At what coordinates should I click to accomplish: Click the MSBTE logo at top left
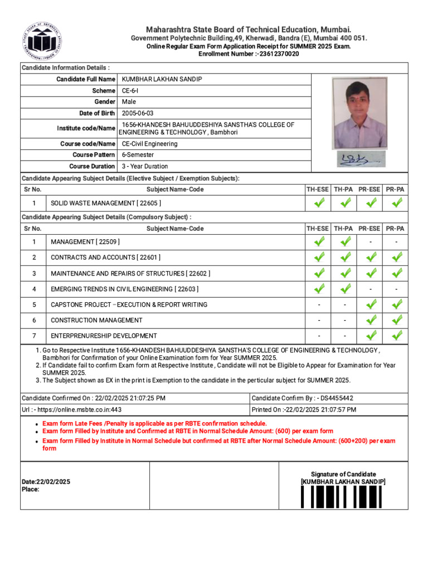(42, 42)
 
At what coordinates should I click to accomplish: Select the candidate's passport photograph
(359, 113)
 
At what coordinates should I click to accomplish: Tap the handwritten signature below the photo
(359, 159)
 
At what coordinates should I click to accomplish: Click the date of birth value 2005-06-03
(138, 113)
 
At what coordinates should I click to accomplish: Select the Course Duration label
(92, 166)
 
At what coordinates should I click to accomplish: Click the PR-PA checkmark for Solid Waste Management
(396, 204)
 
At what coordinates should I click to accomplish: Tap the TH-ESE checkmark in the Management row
(318, 242)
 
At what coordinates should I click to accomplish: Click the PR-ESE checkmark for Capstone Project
(371, 304)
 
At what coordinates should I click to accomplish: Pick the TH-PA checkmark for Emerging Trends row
(345, 289)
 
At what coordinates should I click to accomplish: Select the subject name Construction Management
(96, 320)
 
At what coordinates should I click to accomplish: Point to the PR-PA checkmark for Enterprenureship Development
(396, 336)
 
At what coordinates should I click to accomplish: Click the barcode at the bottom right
(343, 496)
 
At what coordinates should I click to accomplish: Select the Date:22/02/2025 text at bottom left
(46, 481)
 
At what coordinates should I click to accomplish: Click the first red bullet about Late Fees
(154, 424)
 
